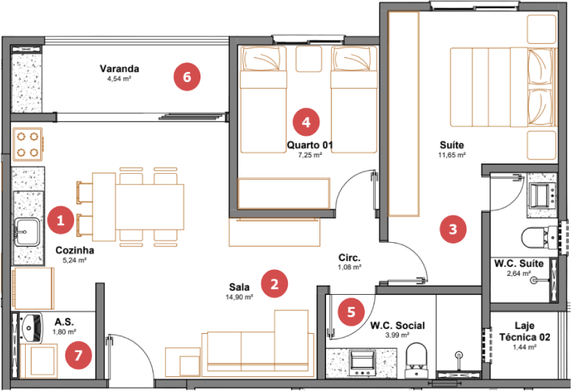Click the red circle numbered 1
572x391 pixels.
click(x=60, y=220)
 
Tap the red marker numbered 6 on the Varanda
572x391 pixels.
click(x=187, y=77)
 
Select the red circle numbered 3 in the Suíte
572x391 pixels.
click(x=453, y=229)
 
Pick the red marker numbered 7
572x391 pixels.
click(x=79, y=355)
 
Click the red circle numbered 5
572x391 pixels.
click(x=351, y=312)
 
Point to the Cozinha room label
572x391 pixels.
click(x=75, y=250)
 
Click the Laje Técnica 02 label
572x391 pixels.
click(x=524, y=332)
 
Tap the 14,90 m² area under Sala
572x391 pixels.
click(x=239, y=297)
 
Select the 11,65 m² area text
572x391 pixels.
click(x=452, y=155)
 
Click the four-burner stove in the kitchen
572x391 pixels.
click(x=28, y=145)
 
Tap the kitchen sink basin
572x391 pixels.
click(x=26, y=232)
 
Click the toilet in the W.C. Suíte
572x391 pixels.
click(x=540, y=238)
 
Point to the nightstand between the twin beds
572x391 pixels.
click(x=308, y=59)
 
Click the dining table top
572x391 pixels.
click(x=150, y=207)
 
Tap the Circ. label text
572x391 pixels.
click(x=350, y=257)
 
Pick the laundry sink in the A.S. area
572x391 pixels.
click(x=32, y=328)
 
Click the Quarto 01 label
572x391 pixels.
click(x=310, y=145)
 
